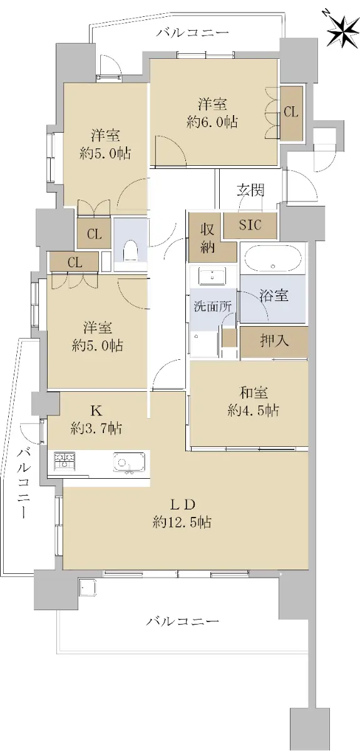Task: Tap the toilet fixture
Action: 130,252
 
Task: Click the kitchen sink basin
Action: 129,462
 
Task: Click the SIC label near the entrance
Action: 250,225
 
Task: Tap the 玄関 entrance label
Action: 251,190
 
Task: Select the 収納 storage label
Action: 208,238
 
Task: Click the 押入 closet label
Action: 274,341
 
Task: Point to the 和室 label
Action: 254,392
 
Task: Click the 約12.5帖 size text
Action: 182,522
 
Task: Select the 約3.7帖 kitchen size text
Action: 96,428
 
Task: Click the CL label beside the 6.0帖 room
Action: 291,111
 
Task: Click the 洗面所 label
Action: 213,307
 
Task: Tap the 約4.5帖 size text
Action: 254,410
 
